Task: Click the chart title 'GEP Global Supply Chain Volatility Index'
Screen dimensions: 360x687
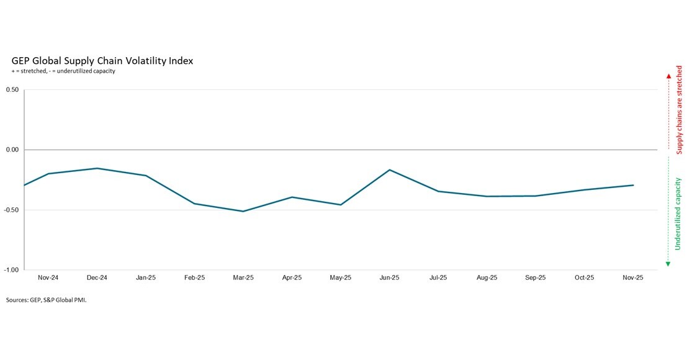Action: tap(102, 61)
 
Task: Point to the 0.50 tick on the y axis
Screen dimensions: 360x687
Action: tap(13, 90)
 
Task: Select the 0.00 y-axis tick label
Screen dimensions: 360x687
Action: tap(13, 150)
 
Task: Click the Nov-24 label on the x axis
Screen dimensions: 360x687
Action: tap(48, 278)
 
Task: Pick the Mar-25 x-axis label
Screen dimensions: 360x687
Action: tap(243, 278)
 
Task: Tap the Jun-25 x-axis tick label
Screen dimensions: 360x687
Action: tap(389, 278)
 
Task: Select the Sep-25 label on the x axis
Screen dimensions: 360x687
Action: tap(535, 278)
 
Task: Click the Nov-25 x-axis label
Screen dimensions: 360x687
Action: tap(632, 278)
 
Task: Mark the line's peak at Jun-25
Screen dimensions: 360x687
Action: tap(389, 169)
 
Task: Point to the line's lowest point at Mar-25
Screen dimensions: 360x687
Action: tap(243, 211)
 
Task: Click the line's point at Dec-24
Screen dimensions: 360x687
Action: tap(97, 168)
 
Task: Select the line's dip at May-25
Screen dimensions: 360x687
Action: tap(340, 205)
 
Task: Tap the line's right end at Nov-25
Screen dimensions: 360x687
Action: tap(633, 185)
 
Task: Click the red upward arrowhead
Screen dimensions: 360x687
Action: tap(668, 76)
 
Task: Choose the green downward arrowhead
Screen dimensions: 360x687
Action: tap(668, 264)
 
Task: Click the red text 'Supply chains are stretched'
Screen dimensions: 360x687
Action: tap(680, 110)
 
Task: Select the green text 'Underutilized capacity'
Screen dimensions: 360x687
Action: tap(678, 214)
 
